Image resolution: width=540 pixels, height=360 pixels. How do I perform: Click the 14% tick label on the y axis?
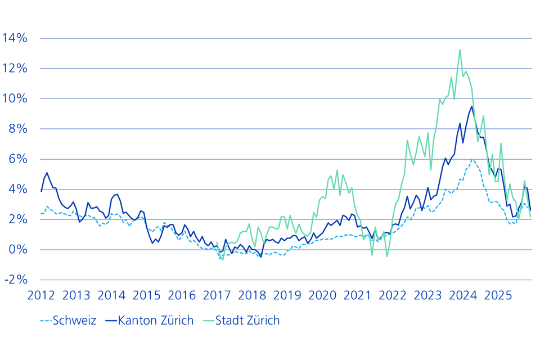15,38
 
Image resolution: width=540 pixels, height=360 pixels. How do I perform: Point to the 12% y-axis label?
15,69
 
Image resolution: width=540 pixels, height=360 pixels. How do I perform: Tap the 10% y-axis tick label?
15,98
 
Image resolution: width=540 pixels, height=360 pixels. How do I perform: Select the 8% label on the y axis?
17,129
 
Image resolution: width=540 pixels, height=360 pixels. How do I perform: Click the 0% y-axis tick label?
17,250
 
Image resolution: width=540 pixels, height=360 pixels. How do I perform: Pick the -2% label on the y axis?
15,280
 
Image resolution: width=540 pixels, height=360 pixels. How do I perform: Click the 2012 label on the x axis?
41,295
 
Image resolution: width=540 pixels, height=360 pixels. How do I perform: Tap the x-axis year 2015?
146,295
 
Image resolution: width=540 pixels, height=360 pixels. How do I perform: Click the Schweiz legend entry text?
74,321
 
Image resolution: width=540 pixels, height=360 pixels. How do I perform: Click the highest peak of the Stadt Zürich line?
460,49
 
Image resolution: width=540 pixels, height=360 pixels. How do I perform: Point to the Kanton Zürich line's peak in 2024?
472,106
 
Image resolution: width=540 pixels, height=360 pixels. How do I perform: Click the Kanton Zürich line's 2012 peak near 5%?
47,173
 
